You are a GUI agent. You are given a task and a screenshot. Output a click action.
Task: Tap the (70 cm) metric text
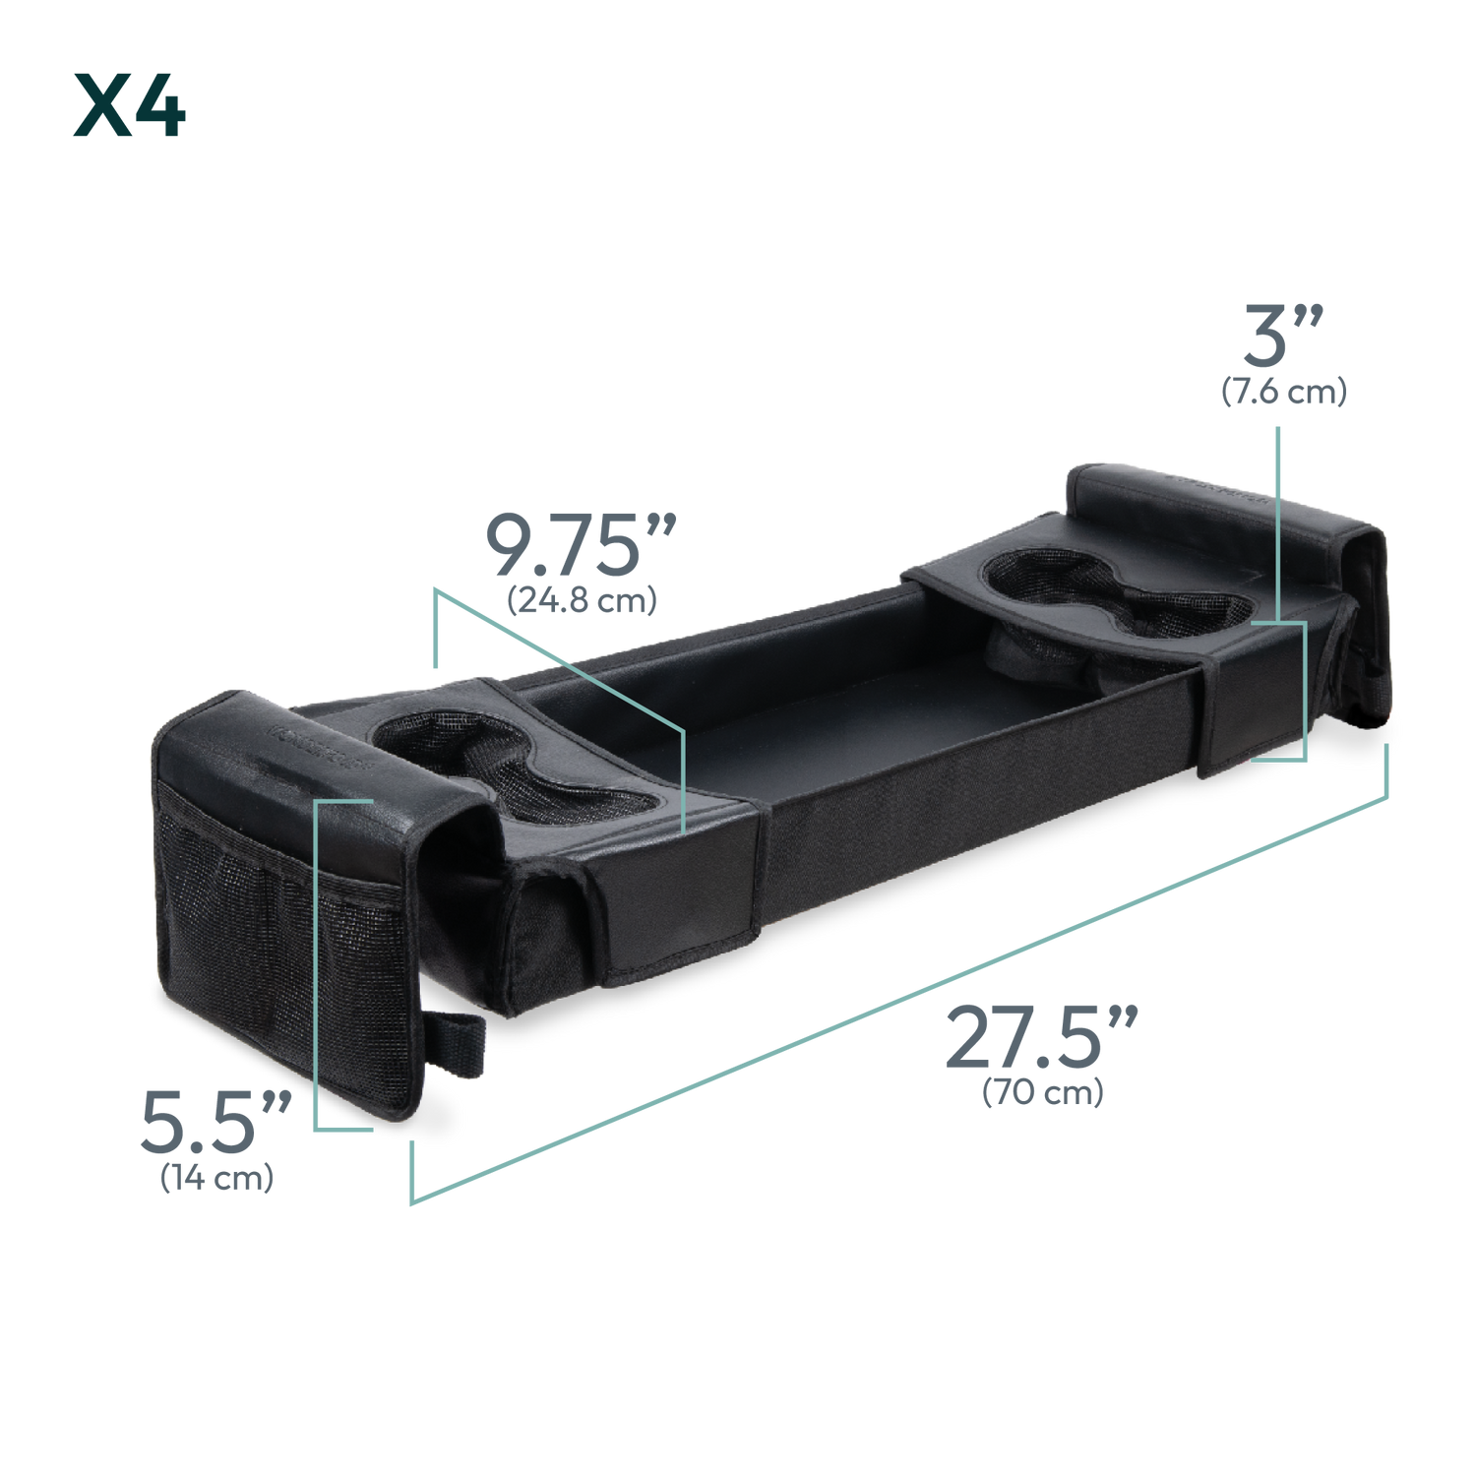1042,1094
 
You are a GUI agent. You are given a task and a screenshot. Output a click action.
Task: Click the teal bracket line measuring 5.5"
317,964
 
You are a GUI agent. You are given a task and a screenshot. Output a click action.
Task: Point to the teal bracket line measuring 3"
1279,590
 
